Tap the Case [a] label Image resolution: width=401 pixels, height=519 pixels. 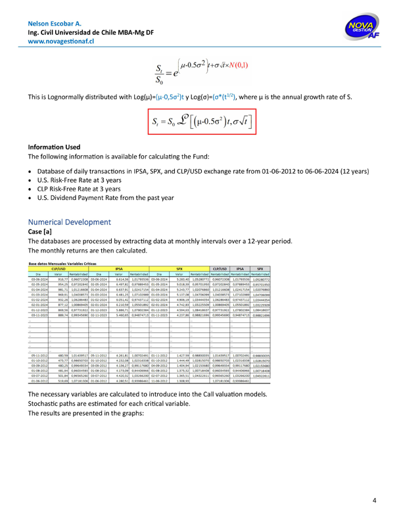click(40, 235)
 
